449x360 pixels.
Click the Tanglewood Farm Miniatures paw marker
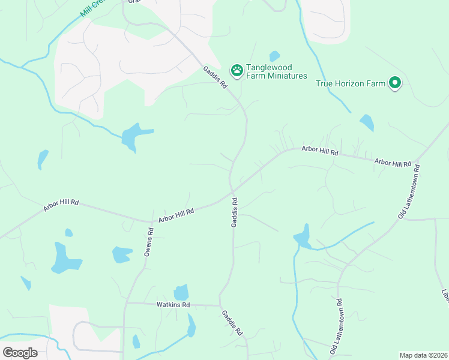click(237, 70)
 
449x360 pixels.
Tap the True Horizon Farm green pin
click(394, 83)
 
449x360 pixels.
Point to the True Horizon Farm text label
click(351, 83)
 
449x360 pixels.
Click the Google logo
click(20, 353)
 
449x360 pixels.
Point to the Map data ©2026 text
click(423, 355)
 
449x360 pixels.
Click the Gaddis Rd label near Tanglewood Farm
click(215, 77)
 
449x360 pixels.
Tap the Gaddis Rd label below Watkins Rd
click(232, 322)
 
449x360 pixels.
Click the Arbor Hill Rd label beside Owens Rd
click(176, 215)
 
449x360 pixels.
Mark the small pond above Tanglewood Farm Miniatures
click(274, 56)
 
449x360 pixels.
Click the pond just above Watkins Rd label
click(181, 292)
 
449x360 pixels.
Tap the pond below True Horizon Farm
click(366, 123)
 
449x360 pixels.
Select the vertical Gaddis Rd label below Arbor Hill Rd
click(235, 212)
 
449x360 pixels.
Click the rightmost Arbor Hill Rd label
click(393, 163)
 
